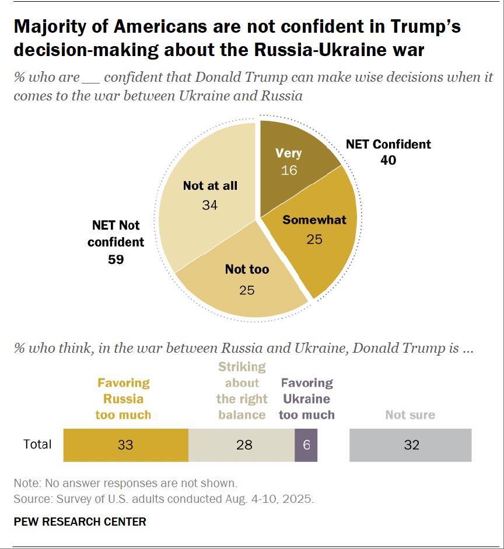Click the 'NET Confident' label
[x=388, y=144]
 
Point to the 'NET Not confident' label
[x=116, y=233]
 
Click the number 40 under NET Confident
[x=388, y=159]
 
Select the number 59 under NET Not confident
[x=116, y=259]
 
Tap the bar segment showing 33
[x=125, y=445]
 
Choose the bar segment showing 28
[x=242, y=445]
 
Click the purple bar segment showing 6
[x=306, y=445]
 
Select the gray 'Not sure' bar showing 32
[x=410, y=445]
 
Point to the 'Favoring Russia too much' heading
[x=123, y=399]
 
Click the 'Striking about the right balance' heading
[x=242, y=391]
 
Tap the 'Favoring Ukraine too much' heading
[x=307, y=399]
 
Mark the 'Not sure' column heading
[x=410, y=415]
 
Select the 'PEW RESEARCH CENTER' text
[x=79, y=522]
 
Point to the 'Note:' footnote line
[x=125, y=484]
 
